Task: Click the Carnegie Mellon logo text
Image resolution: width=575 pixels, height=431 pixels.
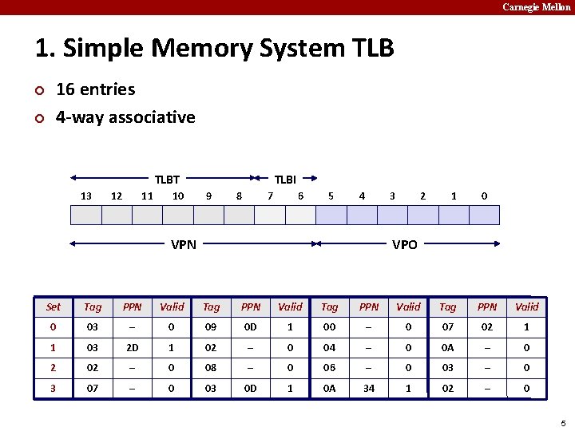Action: pyautogui.click(x=536, y=7)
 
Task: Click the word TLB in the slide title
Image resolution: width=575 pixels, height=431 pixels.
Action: pyautogui.click(x=372, y=48)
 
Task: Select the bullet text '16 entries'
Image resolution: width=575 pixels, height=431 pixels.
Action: pyautogui.click(x=95, y=89)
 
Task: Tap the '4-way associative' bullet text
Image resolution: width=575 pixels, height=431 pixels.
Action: pyautogui.click(x=125, y=117)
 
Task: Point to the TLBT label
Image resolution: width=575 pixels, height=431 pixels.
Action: pyautogui.click(x=167, y=180)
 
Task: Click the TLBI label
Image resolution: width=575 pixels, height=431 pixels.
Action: pyautogui.click(x=285, y=180)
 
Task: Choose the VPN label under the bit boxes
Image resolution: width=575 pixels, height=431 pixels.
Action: pyautogui.click(x=184, y=244)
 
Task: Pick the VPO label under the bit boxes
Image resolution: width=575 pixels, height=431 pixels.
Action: pyautogui.click(x=404, y=244)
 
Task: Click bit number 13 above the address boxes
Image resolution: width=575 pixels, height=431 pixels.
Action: pyautogui.click(x=86, y=196)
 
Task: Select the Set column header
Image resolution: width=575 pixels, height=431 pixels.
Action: pyautogui.click(x=54, y=306)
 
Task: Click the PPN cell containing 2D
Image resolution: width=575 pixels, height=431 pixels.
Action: pyautogui.click(x=133, y=347)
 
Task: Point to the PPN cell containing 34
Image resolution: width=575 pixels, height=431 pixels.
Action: pyautogui.click(x=369, y=389)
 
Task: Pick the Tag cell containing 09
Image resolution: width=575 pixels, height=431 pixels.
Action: pyautogui.click(x=212, y=326)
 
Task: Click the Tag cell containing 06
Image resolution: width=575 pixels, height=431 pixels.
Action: pyautogui.click(x=330, y=368)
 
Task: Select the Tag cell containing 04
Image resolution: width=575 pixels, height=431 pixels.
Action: pyautogui.click(x=330, y=347)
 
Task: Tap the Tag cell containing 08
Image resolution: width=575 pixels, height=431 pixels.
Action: pyautogui.click(x=212, y=368)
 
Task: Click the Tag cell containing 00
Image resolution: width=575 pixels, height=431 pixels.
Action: pyautogui.click(x=330, y=326)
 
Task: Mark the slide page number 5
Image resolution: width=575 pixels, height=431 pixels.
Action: pyautogui.click(x=563, y=423)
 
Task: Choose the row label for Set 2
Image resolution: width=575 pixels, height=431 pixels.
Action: pyautogui.click(x=54, y=368)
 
